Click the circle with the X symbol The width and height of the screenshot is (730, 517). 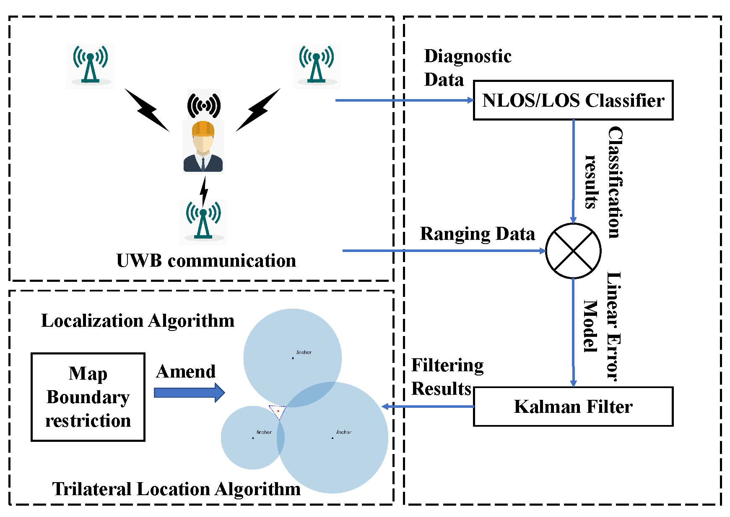coord(573,251)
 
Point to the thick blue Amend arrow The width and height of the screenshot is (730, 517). coord(190,393)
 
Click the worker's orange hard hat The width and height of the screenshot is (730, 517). coord(203,129)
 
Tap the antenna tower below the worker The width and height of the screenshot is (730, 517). coord(203,221)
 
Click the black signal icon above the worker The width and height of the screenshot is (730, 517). coord(204,105)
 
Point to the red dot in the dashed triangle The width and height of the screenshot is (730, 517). coord(278,411)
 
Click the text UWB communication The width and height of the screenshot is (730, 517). coord(206,261)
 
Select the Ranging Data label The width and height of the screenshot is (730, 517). coord(478,234)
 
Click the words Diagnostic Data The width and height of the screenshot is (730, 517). coord(468,68)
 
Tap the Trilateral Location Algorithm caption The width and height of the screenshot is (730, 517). coord(176,489)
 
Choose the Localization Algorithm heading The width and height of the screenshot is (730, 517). coord(138,321)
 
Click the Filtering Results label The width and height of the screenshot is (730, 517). coord(447,377)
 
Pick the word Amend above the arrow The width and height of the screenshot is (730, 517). coord(186,371)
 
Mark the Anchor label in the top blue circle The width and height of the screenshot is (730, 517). coord(304,352)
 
